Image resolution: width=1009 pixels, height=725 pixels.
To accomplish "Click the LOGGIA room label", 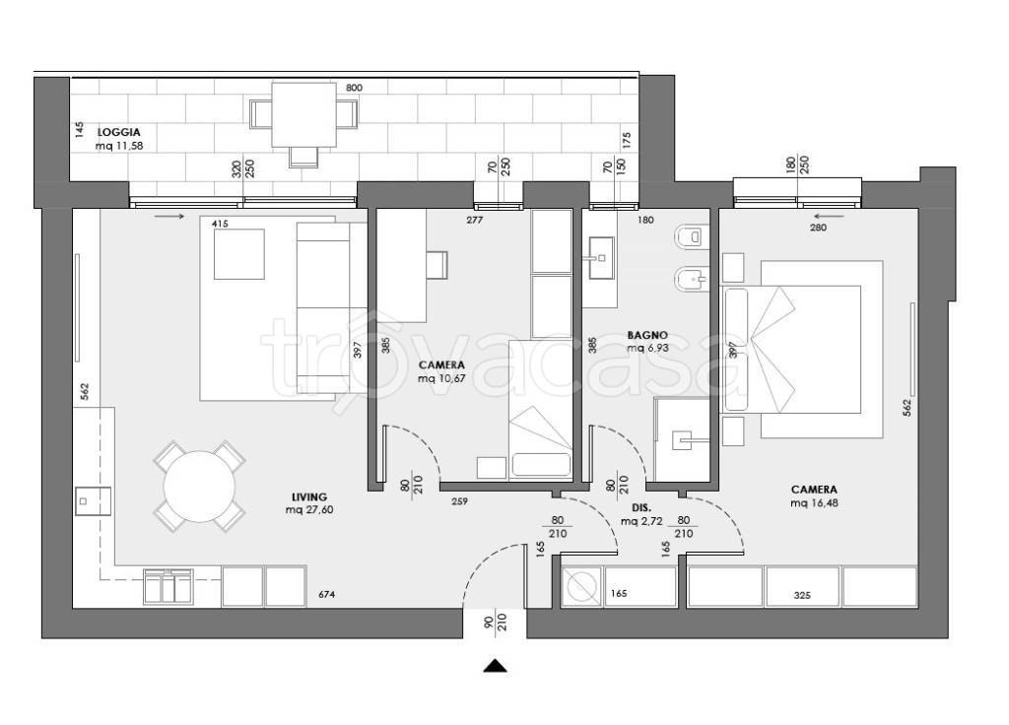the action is pos(118,133).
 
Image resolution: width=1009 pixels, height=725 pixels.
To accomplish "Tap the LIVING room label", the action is pos(308,497).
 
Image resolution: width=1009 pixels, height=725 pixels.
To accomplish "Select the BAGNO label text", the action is pos(647,335).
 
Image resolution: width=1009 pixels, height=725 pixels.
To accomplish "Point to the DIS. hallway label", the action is pos(641,507).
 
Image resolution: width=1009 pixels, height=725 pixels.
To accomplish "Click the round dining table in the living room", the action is pos(199,487).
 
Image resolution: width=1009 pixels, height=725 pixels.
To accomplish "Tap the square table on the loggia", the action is pos(304,114).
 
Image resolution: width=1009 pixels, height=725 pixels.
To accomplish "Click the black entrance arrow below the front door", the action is pos(495,666).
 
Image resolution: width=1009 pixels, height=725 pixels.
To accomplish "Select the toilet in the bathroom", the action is pos(692,236).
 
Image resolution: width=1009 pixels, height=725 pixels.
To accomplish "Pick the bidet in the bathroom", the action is pos(692,279).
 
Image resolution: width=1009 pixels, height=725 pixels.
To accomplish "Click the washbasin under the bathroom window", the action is pos(601,258).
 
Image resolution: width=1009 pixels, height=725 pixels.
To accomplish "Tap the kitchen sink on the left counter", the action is pos(93,501).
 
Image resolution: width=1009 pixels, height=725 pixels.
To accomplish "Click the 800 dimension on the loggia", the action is pos(354,88).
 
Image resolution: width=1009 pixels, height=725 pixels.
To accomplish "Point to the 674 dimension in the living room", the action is pos(327,595).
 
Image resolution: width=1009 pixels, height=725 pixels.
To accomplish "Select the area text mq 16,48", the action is pos(814,503).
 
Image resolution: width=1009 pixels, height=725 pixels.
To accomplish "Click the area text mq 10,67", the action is pos(441,379).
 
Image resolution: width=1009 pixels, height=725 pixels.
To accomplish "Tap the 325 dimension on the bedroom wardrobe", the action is pos(802,596).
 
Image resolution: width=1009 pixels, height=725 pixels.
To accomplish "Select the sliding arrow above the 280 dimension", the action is pos(829,216).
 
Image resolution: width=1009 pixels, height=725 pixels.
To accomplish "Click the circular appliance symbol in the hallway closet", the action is pos(581,587).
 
